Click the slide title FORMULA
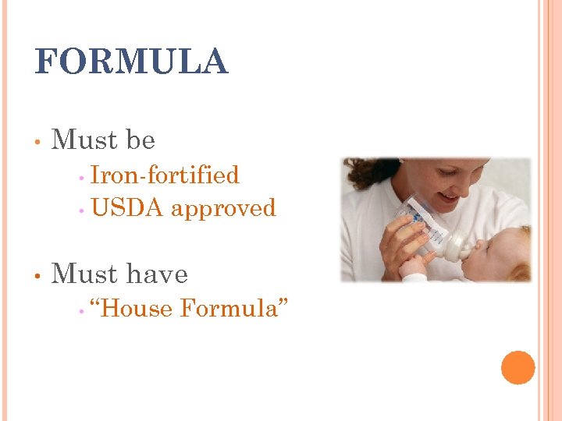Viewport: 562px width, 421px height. click(x=131, y=62)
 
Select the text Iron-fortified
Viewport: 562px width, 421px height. click(x=165, y=175)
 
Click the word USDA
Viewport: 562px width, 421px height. click(x=127, y=208)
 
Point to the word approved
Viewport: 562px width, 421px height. click(x=223, y=209)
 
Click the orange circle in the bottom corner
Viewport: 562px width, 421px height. click(x=518, y=367)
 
